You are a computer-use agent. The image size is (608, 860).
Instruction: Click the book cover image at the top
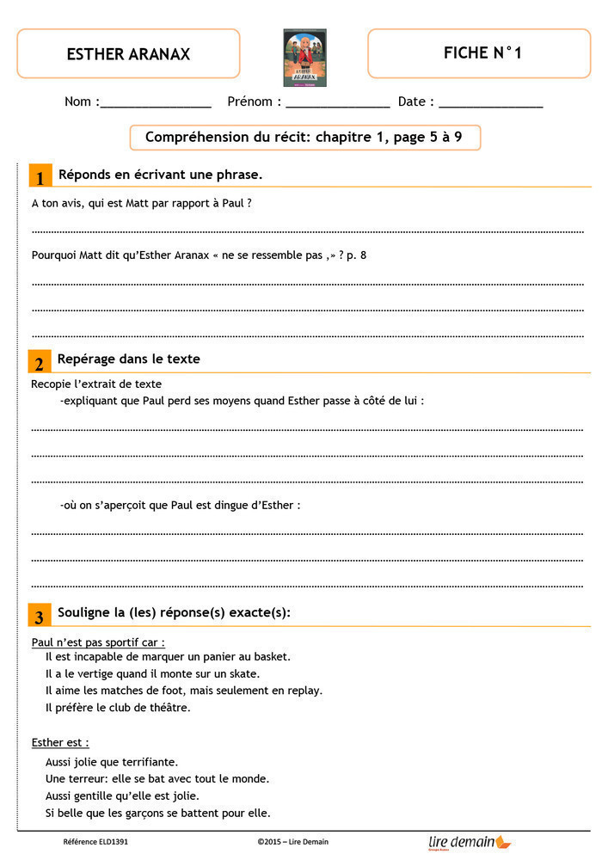(x=304, y=58)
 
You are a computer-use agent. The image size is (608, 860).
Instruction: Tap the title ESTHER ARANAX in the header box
(x=128, y=54)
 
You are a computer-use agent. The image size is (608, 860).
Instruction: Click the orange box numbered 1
(x=40, y=176)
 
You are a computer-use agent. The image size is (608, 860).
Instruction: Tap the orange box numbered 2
(x=40, y=362)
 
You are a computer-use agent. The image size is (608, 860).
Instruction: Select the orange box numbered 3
(x=40, y=616)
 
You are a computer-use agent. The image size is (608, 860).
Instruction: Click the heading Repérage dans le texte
(x=128, y=359)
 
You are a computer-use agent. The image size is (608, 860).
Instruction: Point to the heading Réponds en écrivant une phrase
(x=160, y=175)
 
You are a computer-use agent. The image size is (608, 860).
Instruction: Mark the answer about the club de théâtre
(x=118, y=708)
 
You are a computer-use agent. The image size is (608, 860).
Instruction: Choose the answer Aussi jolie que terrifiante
(x=112, y=762)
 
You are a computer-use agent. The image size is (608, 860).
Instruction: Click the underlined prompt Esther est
(x=60, y=742)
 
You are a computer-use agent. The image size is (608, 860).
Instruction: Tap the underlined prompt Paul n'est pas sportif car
(x=98, y=642)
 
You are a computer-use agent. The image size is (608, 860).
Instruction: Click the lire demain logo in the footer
(x=470, y=842)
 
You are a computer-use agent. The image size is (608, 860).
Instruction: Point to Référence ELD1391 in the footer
(x=96, y=842)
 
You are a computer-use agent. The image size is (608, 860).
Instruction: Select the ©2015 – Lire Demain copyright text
(x=292, y=842)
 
